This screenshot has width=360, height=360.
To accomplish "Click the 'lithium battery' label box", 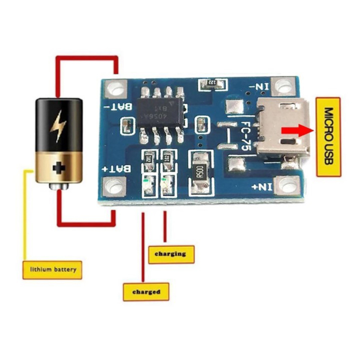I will click(x=52, y=270).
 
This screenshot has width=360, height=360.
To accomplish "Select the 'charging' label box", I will click(x=171, y=254).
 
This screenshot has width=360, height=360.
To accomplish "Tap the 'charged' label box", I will click(x=146, y=292).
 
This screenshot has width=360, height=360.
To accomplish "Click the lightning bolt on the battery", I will click(x=58, y=126).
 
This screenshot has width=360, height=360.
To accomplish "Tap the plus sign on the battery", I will click(x=59, y=169).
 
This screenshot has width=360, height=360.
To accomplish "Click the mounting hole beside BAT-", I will click(x=116, y=89).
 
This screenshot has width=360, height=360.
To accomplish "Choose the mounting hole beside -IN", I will click(x=283, y=85).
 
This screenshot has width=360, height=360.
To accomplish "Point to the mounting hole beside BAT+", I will click(x=114, y=186).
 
